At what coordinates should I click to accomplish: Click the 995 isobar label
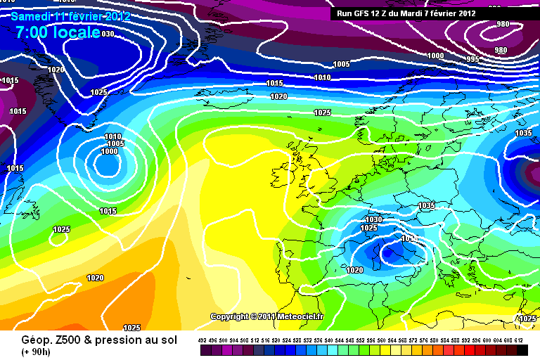472,59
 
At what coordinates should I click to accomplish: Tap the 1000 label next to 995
436,56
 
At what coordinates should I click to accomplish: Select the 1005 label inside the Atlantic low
115,143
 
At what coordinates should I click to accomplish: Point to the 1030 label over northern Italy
373,219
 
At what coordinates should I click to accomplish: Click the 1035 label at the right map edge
523,133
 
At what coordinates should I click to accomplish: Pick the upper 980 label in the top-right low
502,25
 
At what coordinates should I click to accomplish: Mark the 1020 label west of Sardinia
355,270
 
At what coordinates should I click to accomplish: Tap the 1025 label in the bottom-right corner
527,319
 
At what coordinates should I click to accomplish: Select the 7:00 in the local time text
32,32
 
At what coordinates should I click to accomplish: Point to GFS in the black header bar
364,13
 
